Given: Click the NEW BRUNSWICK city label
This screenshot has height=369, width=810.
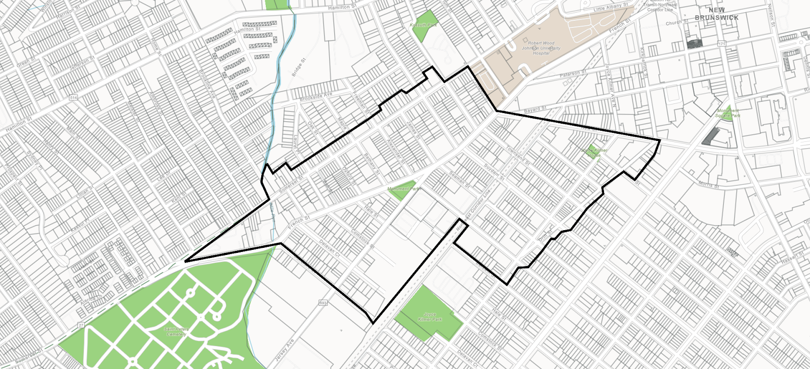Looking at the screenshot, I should click(x=716, y=14).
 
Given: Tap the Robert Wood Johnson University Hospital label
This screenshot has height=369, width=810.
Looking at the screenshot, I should click(x=541, y=48).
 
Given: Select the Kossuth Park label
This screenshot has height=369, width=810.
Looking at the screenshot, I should click(x=423, y=25).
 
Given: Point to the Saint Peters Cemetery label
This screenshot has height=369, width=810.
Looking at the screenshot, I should click(x=176, y=331).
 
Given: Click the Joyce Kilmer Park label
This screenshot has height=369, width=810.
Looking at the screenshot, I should click(x=430, y=317).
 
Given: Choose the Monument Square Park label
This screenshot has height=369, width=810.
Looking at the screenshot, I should click(x=728, y=113).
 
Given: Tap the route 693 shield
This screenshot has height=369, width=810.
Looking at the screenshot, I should click(x=323, y=303).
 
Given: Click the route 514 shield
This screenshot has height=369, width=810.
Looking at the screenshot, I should click(x=74, y=97).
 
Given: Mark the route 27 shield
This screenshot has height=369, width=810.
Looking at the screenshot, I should click(x=80, y=325).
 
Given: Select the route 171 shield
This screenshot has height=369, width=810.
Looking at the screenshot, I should click(x=721, y=44).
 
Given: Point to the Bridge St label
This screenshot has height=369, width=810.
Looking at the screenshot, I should click(x=299, y=67).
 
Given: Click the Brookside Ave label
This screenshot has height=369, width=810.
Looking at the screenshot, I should click(x=316, y=96).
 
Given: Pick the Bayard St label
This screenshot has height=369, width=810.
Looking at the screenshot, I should click(x=535, y=109).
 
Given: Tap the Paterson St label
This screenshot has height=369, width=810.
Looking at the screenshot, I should click(x=573, y=74).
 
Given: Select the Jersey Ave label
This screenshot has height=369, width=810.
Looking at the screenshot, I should click(x=283, y=350).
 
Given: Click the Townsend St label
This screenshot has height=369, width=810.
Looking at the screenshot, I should click(x=518, y=156).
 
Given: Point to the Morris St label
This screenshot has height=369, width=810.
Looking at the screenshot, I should click(x=708, y=184).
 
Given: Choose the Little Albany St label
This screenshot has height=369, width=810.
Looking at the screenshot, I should click(x=611, y=7).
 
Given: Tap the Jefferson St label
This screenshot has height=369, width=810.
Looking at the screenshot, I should click(x=83, y=63).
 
